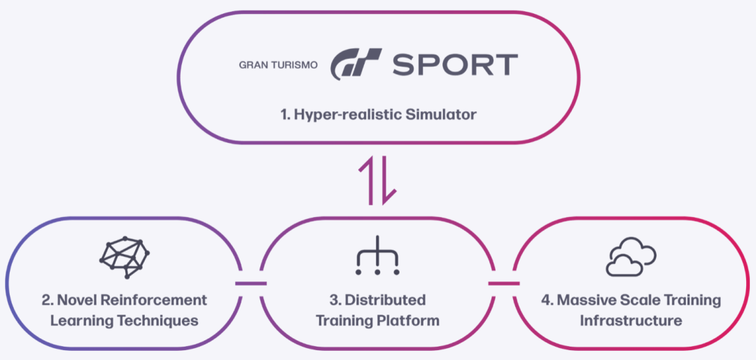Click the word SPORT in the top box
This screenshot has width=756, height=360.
(454, 64)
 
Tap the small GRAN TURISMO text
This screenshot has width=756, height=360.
(279, 64)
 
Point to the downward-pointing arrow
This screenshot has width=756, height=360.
(388, 180)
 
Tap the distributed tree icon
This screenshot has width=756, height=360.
(378, 256)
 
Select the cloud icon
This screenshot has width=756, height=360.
(630, 256)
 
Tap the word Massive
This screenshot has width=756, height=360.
(585, 300)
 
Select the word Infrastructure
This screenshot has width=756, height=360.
(630, 321)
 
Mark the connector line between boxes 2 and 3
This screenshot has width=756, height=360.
(251, 284)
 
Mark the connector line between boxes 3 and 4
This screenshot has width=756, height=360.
(503, 284)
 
